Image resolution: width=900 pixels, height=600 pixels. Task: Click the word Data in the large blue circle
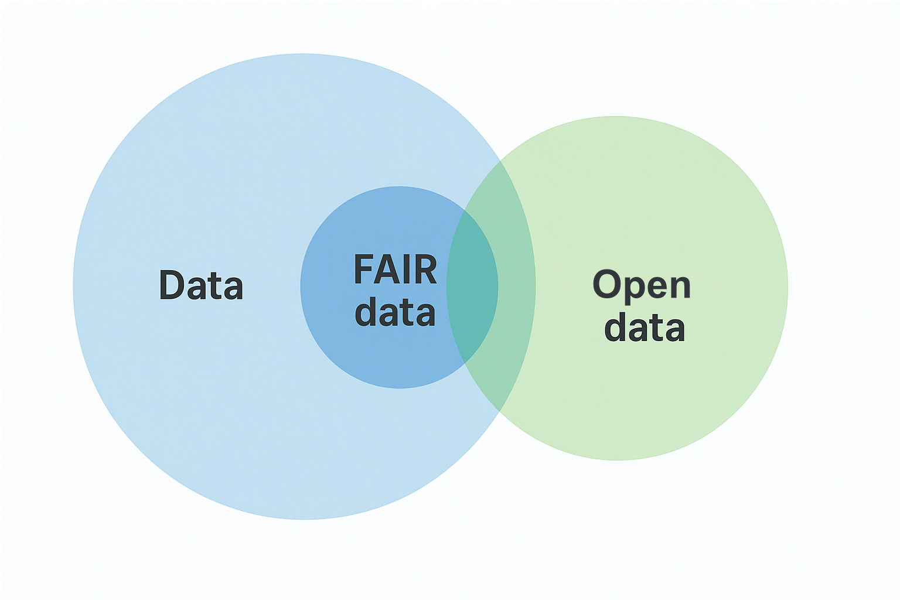(201, 285)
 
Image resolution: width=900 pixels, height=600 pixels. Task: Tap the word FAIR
(395, 270)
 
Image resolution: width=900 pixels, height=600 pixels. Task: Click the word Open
(642, 285)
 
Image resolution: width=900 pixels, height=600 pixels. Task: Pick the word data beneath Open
(645, 328)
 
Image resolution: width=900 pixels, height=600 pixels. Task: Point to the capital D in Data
(170, 285)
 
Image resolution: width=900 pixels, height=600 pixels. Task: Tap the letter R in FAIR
(425, 270)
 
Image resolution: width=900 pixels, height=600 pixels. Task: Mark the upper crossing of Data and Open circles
(500, 161)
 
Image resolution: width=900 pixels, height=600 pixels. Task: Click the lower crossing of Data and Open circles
(500, 411)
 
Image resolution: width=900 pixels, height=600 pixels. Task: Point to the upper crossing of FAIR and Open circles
(465, 210)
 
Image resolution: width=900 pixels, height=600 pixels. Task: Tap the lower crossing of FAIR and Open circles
(465, 364)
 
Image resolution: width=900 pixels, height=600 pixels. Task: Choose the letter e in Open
(658, 287)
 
